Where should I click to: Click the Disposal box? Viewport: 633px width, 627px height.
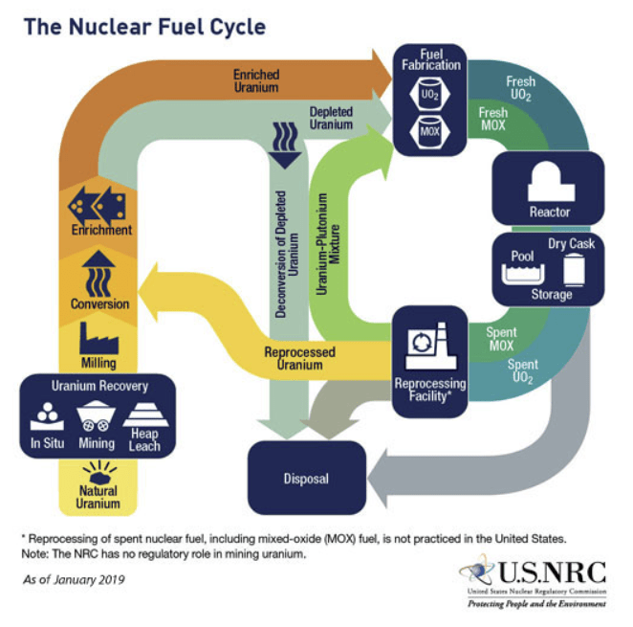click(307, 478)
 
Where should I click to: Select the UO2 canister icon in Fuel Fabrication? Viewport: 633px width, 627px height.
click(429, 94)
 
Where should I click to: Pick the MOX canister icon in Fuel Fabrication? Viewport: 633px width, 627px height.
click(429, 131)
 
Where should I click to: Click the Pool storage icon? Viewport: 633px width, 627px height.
click(523, 275)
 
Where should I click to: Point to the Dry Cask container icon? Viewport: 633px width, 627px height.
click(574, 270)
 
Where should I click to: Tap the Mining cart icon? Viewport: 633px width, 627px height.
click(96, 416)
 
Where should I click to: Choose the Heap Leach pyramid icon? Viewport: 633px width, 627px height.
click(145, 414)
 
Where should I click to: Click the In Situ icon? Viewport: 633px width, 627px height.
click(47, 416)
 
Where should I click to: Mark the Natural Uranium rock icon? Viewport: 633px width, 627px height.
click(99, 472)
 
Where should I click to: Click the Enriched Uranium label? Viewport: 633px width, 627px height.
click(256, 80)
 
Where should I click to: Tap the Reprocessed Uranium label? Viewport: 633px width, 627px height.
click(300, 358)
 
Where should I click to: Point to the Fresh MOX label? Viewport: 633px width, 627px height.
click(492, 119)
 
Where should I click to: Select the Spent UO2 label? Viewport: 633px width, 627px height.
click(523, 371)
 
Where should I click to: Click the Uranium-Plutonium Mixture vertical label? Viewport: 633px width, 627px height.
click(328, 244)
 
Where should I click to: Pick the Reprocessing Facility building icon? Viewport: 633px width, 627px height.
click(430, 346)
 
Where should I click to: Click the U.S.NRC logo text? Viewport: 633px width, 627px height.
click(553, 572)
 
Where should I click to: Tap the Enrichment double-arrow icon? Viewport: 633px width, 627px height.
click(98, 206)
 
